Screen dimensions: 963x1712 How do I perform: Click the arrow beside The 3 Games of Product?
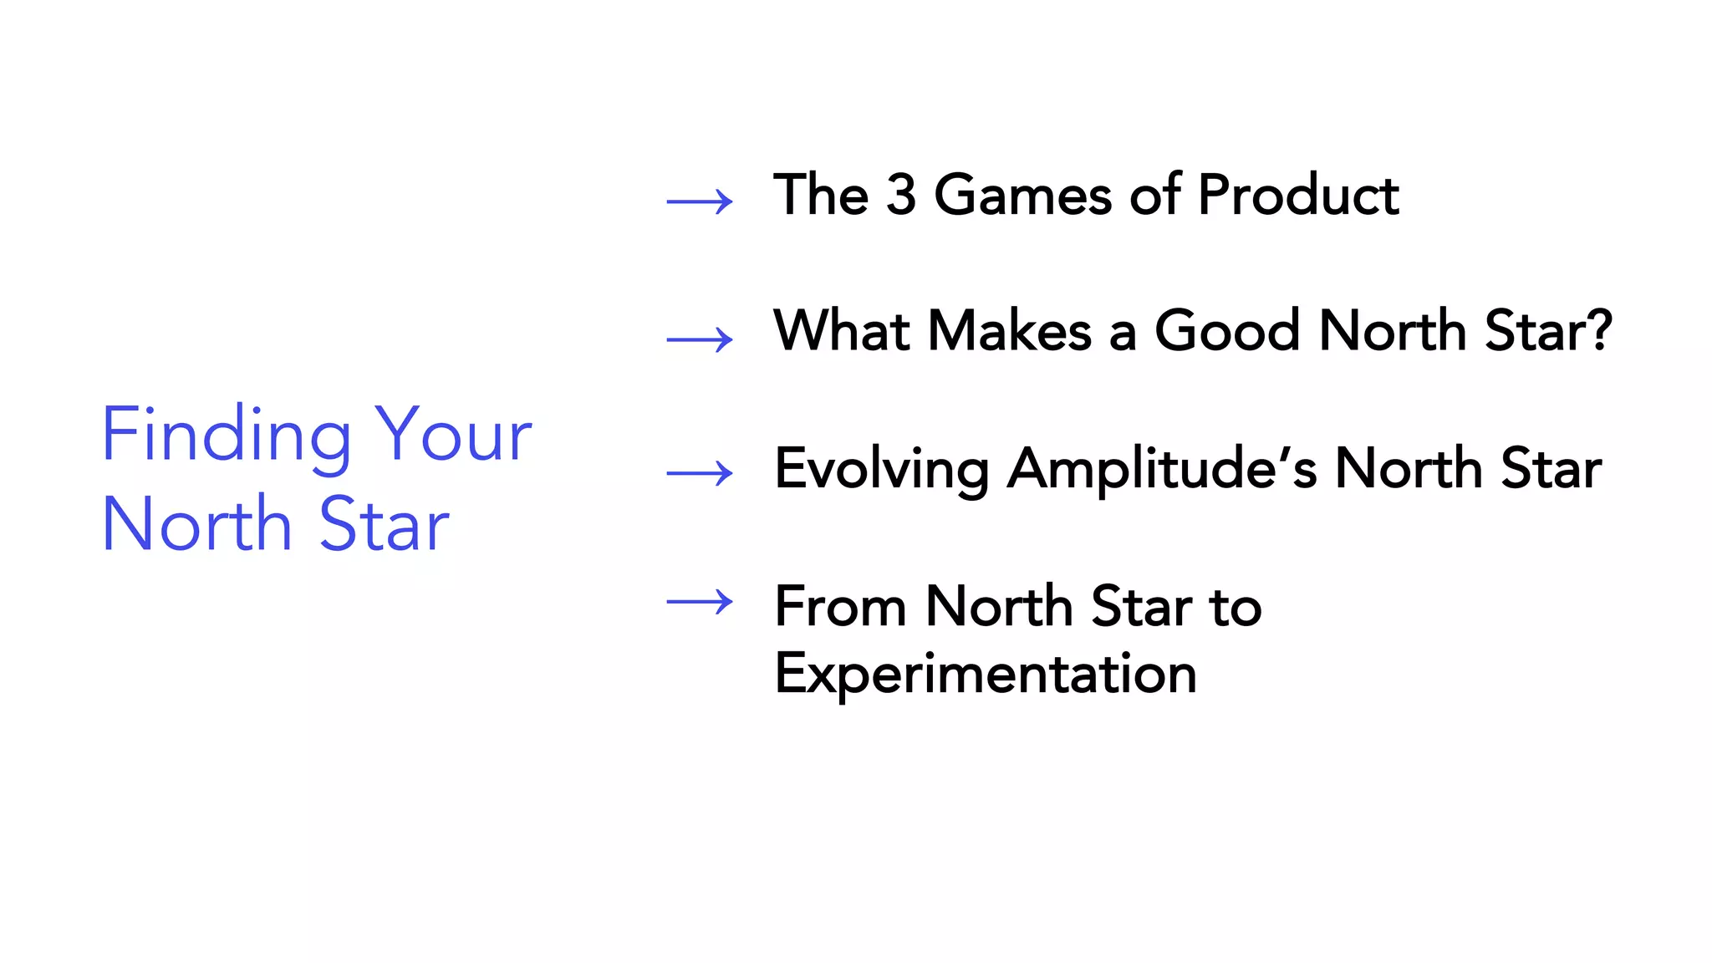pos(700,201)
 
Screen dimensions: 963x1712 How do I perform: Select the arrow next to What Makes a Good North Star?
pos(700,339)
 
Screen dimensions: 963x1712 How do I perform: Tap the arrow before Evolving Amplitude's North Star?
pos(700,473)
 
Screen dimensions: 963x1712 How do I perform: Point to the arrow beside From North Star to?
pos(700,602)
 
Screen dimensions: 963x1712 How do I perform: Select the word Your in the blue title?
pos(453,435)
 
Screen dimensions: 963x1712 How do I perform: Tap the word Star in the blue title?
pos(384,525)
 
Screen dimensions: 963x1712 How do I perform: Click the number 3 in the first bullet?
pos(900,195)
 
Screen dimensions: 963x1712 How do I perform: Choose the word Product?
pos(1297,195)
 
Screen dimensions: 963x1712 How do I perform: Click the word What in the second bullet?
pos(841,330)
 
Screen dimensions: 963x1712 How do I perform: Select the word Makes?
pos(1010,330)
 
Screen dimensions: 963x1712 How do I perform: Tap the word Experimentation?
pos(986,674)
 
